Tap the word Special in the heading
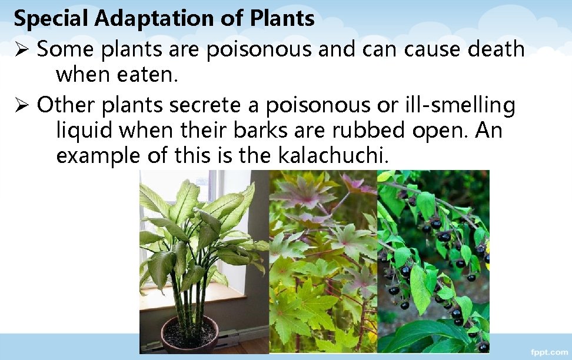(51, 19)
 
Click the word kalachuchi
(333, 156)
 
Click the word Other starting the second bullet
(65, 106)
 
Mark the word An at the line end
(489, 131)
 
